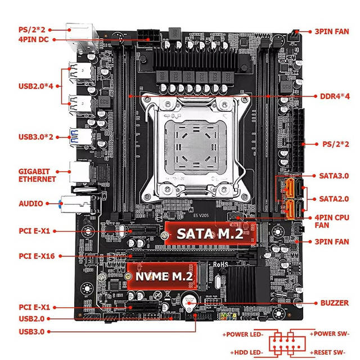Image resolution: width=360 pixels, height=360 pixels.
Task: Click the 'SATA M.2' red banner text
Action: pyautogui.click(x=210, y=234)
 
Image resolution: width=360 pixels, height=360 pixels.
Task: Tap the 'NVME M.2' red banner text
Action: pyautogui.click(x=164, y=276)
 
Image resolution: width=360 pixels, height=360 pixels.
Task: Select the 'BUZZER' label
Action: pyautogui.click(x=335, y=303)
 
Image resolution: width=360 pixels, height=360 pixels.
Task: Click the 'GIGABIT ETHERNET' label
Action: pyautogui.click(x=37, y=175)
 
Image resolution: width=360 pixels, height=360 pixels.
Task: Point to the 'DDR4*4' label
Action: pyautogui.click(x=335, y=96)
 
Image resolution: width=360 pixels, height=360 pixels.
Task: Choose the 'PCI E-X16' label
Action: pyautogui.click(x=37, y=256)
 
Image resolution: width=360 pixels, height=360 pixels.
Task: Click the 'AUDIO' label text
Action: pyautogui.click(x=31, y=204)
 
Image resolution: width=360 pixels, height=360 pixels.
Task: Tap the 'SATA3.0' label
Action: pyautogui.click(x=334, y=176)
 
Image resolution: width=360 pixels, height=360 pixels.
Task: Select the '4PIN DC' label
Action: pyautogui.click(x=34, y=39)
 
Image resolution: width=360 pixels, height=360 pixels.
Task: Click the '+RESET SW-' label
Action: pyautogui.click(x=327, y=353)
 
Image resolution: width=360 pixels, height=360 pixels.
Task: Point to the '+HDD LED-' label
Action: pyautogui.click(x=246, y=353)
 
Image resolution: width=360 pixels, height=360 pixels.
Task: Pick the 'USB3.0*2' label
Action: pyautogui.click(x=36, y=137)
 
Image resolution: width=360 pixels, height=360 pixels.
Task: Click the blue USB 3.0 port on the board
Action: pyautogui.click(x=81, y=137)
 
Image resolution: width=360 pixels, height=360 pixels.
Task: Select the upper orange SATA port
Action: pyautogui.click(x=290, y=188)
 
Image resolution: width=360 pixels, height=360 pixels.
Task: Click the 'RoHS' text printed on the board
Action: pyautogui.click(x=220, y=265)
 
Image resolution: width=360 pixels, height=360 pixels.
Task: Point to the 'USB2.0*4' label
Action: pyautogui.click(x=36, y=86)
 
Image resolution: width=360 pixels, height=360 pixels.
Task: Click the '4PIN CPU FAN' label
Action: pyautogui.click(x=332, y=221)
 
